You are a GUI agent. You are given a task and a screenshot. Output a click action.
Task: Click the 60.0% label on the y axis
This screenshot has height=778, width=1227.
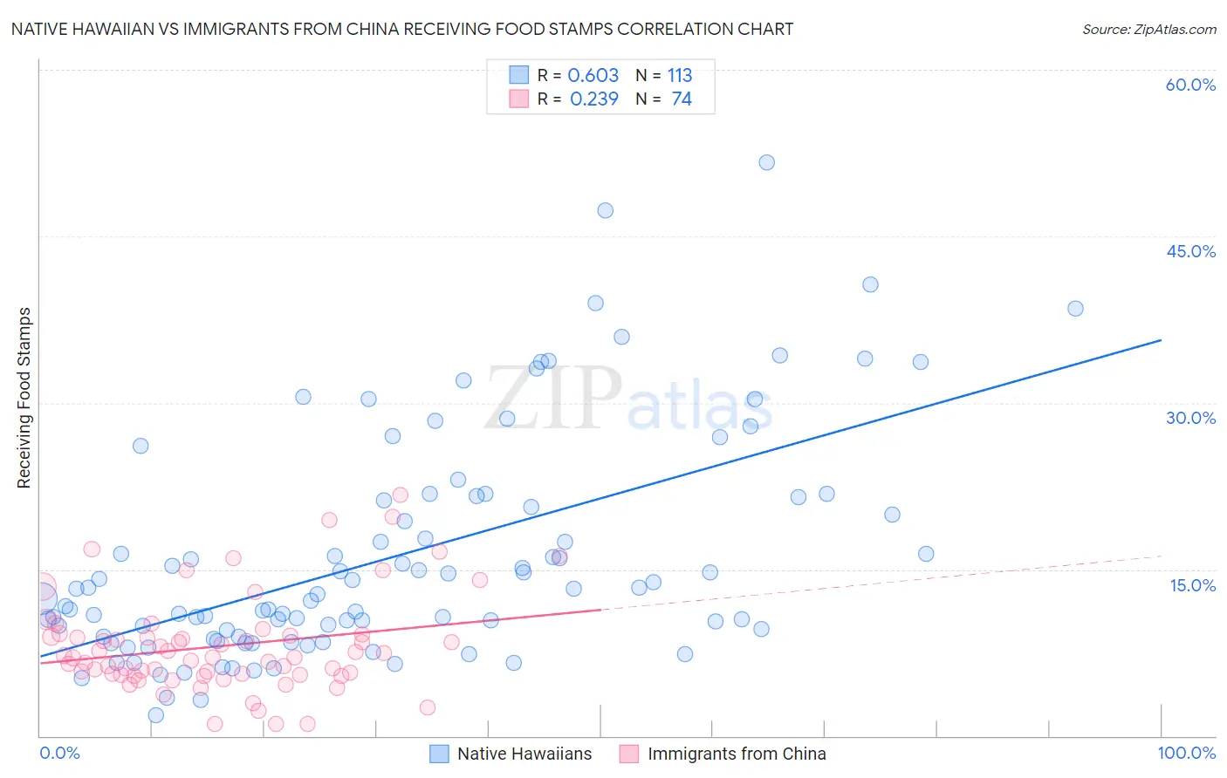[x=1190, y=85]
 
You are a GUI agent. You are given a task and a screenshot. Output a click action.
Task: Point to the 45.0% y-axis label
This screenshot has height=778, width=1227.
[x=1190, y=251]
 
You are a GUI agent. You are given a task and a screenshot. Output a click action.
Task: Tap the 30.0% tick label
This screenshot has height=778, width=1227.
[x=1190, y=418]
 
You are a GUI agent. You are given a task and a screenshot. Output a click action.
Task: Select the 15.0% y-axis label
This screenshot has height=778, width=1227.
[x=1192, y=585]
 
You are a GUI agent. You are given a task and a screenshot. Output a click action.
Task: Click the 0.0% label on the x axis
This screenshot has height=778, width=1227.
[x=59, y=753]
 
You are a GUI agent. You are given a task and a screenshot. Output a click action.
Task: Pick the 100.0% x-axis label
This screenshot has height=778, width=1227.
[x=1186, y=753]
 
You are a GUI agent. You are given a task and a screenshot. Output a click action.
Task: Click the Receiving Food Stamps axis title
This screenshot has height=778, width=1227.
[x=24, y=398]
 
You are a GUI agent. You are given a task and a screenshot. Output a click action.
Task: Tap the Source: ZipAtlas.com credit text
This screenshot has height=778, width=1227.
[x=1148, y=30]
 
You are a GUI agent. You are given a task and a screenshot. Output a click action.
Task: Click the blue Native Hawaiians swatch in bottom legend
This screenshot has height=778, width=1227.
[x=439, y=754]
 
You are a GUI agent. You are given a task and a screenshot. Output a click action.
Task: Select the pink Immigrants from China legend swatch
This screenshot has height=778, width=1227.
[x=629, y=754]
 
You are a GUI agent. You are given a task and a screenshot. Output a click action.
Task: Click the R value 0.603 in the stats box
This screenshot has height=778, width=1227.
[x=593, y=76]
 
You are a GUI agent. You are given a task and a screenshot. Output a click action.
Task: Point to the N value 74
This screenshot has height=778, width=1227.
[x=682, y=99]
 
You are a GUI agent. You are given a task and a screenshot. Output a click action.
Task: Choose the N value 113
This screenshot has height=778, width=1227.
[x=680, y=76]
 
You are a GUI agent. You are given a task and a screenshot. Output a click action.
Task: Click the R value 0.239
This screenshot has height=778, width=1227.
[x=593, y=99]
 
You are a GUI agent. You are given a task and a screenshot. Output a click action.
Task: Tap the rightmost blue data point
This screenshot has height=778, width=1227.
[x=1075, y=309]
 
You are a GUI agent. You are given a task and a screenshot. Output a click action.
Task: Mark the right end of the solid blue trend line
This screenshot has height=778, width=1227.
[x=1161, y=340]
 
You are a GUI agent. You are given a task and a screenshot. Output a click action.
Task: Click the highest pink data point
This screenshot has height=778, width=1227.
[x=400, y=495]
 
